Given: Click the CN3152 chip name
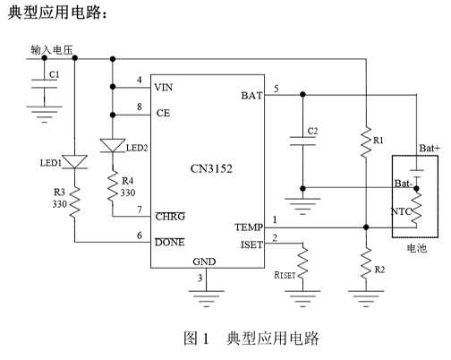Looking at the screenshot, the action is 211,169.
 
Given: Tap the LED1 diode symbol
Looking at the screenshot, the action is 74,162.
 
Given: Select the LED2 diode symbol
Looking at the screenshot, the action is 113,146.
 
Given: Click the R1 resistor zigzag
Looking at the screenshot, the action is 366,141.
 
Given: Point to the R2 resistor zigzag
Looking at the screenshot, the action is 366,264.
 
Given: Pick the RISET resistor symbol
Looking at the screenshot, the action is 302,262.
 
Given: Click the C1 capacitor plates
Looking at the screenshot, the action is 45,84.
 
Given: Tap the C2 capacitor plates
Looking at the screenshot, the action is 302,141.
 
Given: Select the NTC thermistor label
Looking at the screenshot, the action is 401,211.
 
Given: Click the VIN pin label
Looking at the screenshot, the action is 164,88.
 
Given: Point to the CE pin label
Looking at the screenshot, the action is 163,113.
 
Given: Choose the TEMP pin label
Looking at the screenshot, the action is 249,227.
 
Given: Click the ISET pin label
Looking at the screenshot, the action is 251,245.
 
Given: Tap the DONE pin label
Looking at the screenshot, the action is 170,242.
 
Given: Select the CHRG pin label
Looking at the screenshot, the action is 170,217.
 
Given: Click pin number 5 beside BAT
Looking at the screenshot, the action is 277,89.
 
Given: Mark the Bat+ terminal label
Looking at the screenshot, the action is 430,148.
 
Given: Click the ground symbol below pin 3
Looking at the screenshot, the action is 206,298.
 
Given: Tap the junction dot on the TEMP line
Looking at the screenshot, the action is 366,227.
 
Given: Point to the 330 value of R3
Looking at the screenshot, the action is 60,204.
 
